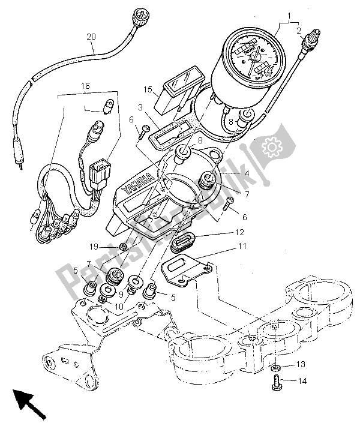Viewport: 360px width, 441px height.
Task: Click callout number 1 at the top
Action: pyautogui.click(x=289, y=16)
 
